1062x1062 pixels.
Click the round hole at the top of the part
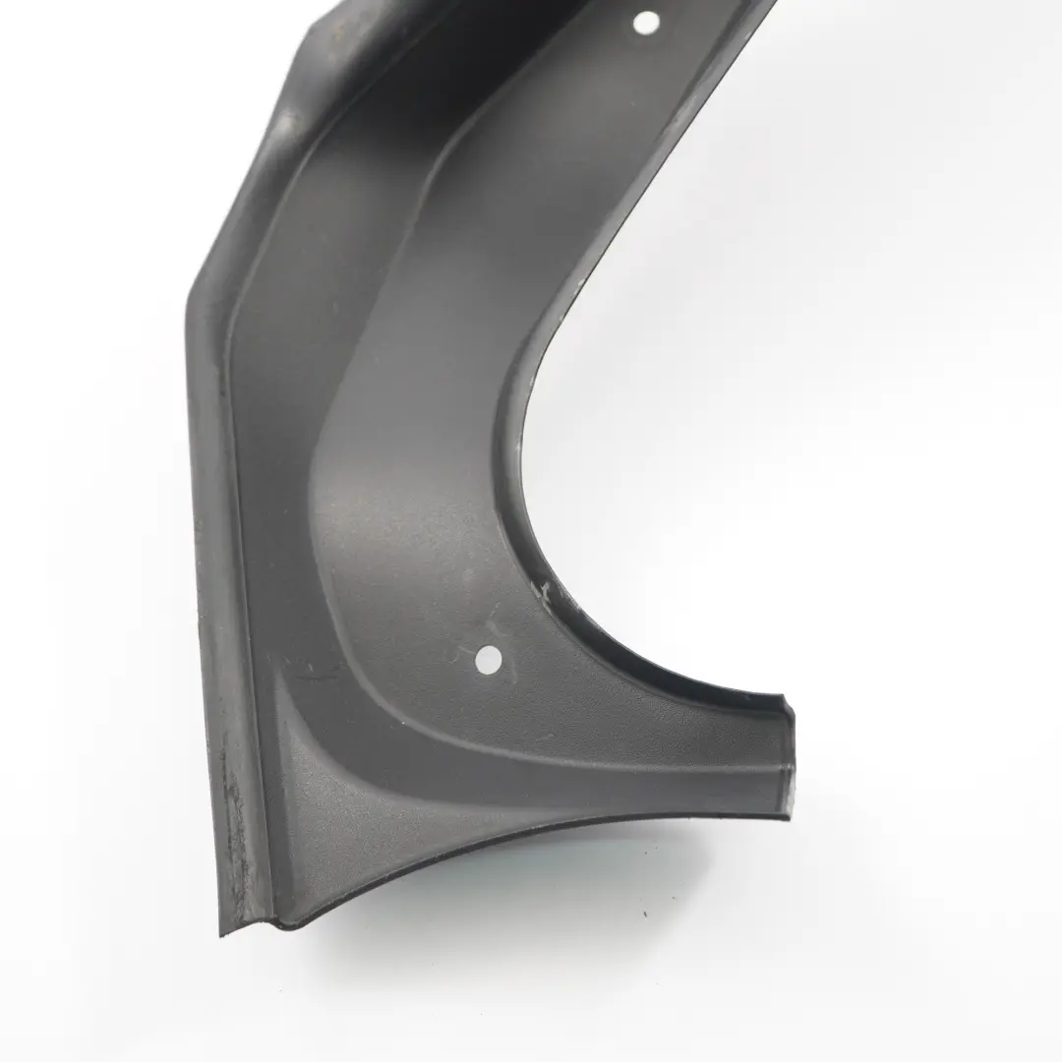coord(645,21)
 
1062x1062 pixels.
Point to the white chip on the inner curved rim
coord(541,590)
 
